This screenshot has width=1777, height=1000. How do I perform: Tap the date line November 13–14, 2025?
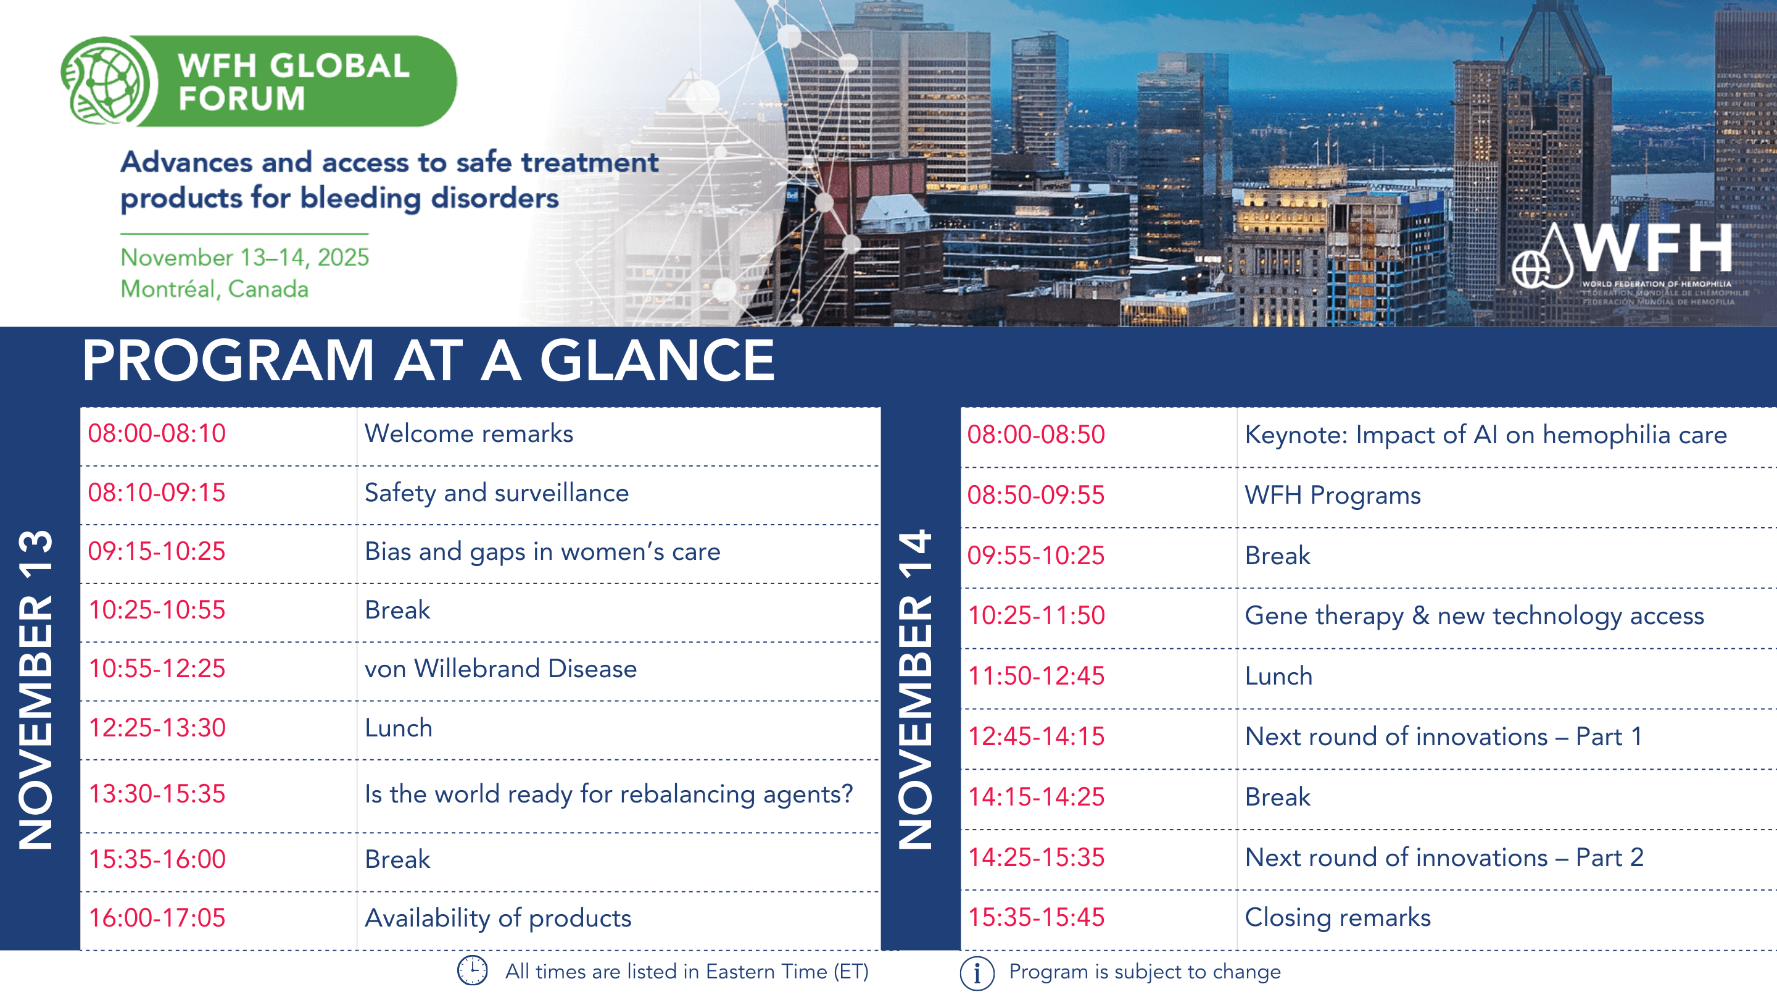tap(245, 257)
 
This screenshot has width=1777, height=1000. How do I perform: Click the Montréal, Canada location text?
tap(215, 289)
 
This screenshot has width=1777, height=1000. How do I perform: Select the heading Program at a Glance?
tap(428, 360)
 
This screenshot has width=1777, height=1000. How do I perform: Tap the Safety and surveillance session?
tap(497, 493)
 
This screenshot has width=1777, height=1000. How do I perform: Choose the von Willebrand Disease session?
tap(501, 669)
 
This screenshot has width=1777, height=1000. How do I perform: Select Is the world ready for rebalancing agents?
tap(609, 794)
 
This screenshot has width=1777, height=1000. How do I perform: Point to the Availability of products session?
tap(498, 918)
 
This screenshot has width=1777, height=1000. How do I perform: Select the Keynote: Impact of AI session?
tap(1486, 435)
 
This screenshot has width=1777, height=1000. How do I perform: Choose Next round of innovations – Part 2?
tap(1444, 857)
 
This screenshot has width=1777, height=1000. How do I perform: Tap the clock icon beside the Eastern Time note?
tap(473, 970)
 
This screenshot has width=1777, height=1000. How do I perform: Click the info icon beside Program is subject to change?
tap(977, 973)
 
